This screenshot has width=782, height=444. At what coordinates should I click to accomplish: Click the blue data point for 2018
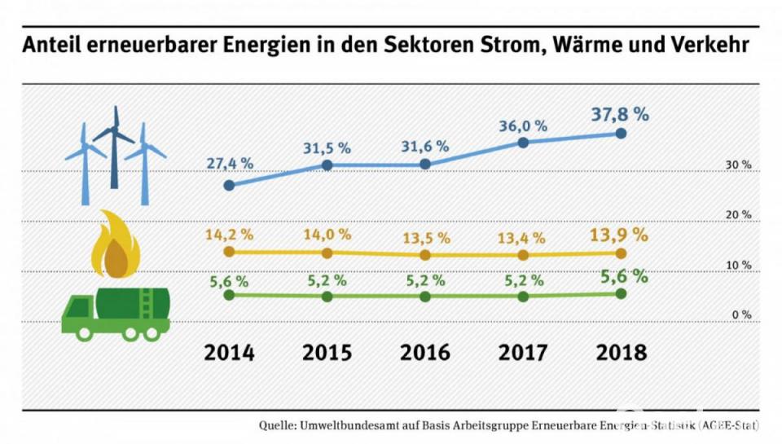pos(621,133)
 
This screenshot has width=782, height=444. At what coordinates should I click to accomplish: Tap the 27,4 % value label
pos(229,163)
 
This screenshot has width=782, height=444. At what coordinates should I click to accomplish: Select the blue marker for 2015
pos(327,165)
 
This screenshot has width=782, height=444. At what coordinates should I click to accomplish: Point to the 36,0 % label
pos(522,126)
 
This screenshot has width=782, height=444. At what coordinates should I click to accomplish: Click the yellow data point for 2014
pos(229,252)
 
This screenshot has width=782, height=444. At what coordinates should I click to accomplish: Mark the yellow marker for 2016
pos(425,255)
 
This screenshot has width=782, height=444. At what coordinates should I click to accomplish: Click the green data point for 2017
pos(523,297)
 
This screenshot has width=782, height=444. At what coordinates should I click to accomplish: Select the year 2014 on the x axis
pos(229,353)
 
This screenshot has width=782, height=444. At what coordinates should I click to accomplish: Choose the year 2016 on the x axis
pos(425,353)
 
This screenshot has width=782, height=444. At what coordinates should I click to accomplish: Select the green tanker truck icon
pos(116,314)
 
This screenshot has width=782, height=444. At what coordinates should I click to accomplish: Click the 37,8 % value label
pos(620,114)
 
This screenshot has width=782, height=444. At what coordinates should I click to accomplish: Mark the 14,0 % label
pos(327,235)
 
